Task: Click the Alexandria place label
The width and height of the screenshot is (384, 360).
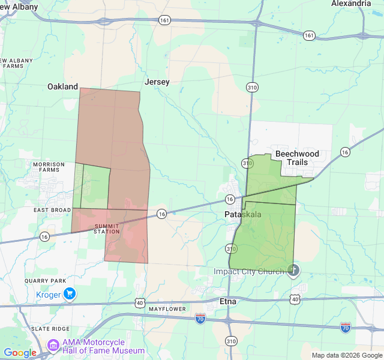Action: [351, 3]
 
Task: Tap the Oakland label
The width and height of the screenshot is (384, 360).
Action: [63, 86]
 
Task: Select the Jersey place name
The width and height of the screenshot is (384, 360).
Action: [157, 82]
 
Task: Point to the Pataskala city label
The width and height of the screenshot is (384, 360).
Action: [243, 214]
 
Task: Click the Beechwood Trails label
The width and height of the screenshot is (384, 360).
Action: [297, 158]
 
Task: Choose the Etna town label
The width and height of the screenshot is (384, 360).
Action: [228, 301]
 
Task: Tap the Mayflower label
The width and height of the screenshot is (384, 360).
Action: [167, 309]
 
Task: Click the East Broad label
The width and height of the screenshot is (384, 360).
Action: [52, 210]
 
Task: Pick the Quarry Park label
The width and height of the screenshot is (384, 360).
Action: [46, 280]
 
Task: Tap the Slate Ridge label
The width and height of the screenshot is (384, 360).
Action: [50, 329]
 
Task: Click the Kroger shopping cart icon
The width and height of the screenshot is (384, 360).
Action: [70, 294]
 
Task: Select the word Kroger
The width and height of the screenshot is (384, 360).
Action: [49, 295]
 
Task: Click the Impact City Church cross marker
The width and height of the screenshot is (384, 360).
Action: [293, 271]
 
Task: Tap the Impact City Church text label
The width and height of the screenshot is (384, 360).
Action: [249, 272]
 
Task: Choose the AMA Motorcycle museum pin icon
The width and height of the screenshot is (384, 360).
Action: [53, 346]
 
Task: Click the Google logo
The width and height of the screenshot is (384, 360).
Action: [20, 352]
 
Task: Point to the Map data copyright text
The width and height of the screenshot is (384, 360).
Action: [346, 355]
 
